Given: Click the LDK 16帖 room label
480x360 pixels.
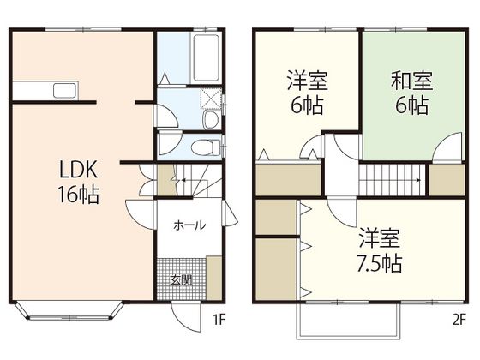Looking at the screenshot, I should (x=77, y=181).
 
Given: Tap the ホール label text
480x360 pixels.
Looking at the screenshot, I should (x=189, y=226).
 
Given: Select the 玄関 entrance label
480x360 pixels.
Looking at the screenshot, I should (x=180, y=279).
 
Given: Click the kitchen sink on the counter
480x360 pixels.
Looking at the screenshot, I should (x=63, y=90).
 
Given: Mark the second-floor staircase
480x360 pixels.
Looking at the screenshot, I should (x=392, y=180).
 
